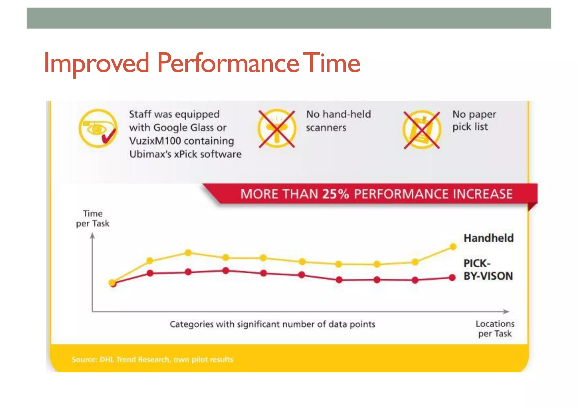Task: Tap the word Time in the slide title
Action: (333, 63)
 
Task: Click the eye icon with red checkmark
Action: (98, 129)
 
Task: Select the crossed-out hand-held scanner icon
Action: (277, 129)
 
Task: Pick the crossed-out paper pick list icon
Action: (422, 130)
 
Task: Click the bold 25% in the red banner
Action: (336, 194)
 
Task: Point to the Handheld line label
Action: (489, 238)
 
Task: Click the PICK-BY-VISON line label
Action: (488, 270)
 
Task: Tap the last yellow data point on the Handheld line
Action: (453, 247)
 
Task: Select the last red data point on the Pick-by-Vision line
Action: (452, 278)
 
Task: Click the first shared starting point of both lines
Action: (112, 283)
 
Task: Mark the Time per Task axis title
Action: (93, 218)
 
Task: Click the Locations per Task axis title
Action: (495, 329)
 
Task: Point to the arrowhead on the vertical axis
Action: (92, 235)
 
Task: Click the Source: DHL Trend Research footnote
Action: (152, 360)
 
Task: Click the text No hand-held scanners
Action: (338, 121)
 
